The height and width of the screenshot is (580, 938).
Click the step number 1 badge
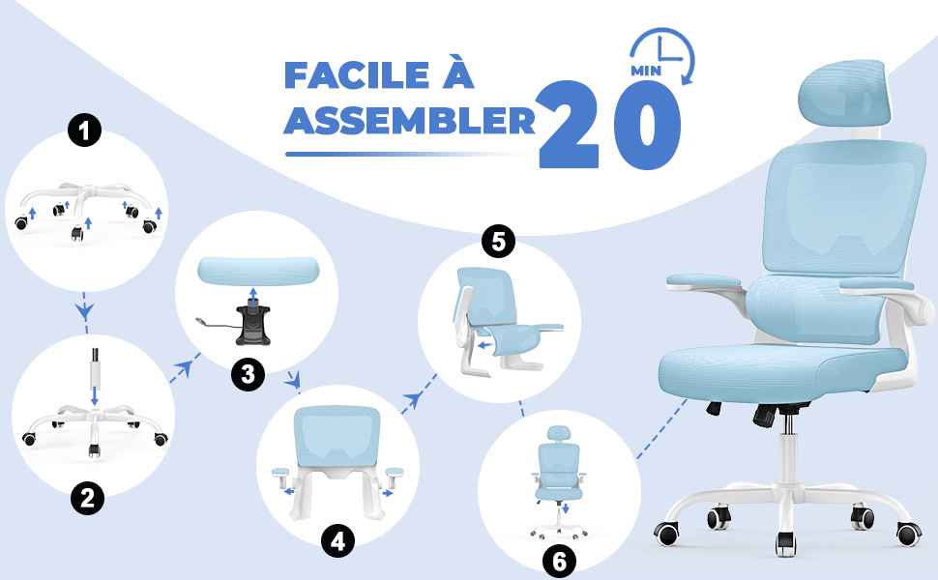tap(84, 130)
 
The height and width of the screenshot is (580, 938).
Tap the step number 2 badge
tap(87, 498)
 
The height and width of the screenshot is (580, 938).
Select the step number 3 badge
tap(248, 374)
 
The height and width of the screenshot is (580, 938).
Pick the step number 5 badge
tap(498, 242)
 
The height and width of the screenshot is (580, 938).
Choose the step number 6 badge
tap(559, 561)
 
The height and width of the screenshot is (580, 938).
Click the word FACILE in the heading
tap(357, 74)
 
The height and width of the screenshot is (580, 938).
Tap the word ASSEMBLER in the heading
tap(410, 121)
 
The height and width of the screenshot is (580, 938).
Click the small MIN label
tap(646, 71)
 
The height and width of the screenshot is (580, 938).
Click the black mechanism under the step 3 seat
tap(252, 325)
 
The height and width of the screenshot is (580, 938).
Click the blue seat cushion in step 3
tap(258, 271)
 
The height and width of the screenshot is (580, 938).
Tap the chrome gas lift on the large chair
tap(788, 424)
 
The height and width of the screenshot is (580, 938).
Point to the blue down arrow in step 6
tap(565, 508)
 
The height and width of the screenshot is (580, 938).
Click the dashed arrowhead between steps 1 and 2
tap(84, 310)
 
